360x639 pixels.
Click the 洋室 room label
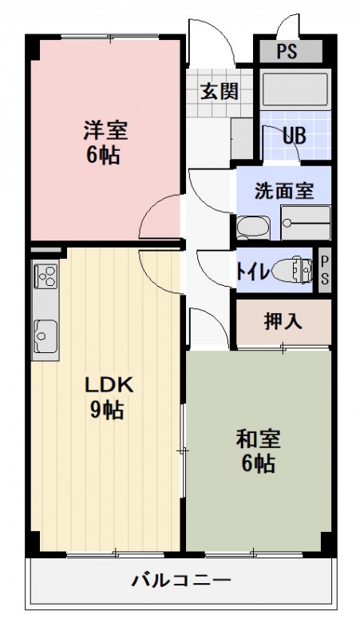point(104,130)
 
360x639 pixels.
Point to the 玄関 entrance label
point(218,90)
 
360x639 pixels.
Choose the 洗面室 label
point(283,191)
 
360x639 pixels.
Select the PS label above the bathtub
point(288,53)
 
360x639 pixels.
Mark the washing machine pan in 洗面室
point(305,223)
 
